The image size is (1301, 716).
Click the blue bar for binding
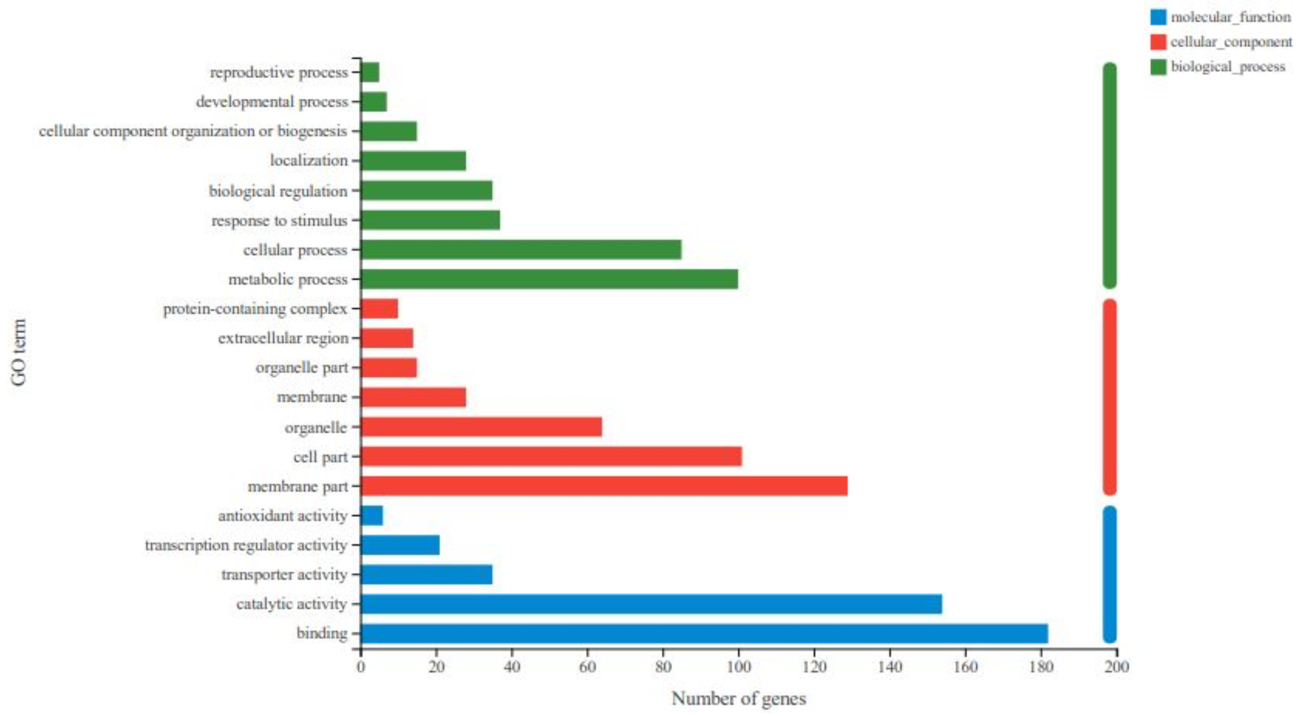tap(704, 633)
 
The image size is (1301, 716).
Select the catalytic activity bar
tap(651, 604)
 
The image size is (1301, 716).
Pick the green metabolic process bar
tap(549, 279)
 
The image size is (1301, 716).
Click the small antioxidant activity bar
tap(372, 515)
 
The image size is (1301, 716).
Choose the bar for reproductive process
tap(370, 72)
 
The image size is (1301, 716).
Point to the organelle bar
tap(481, 427)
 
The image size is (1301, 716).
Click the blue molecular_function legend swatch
tap(1158, 17)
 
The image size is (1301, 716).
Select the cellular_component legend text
tap(1231, 42)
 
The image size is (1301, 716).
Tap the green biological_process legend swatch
tap(1158, 67)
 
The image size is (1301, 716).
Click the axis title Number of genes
tap(738, 698)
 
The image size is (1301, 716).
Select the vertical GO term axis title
tap(19, 352)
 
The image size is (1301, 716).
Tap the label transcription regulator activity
tap(246, 545)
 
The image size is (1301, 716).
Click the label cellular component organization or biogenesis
tap(193, 131)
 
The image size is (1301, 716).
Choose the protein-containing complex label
tap(255, 309)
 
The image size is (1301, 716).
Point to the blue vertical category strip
tap(1110, 574)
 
